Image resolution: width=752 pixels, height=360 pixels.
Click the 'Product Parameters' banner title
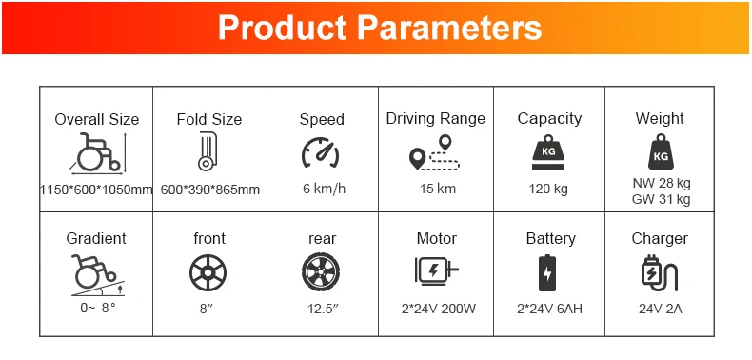tap(380, 28)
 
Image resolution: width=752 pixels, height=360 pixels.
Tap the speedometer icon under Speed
tap(321, 152)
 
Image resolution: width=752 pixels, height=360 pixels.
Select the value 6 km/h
tap(325, 189)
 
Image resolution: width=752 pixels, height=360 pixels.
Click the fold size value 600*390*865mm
tap(210, 190)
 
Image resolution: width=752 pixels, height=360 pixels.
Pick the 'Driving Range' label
tap(435, 118)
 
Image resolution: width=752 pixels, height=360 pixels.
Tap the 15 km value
tap(438, 189)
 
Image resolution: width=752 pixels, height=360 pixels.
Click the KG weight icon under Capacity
tap(548, 153)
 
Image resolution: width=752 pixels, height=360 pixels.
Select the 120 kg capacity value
tap(548, 189)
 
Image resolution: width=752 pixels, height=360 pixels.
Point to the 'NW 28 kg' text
tap(662, 184)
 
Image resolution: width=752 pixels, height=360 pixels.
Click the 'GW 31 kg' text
tap(662, 199)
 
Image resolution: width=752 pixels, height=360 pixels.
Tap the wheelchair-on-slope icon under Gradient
tap(98, 275)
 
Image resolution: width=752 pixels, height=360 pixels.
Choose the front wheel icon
tap(208, 272)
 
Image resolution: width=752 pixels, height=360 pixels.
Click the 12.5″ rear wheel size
tap(324, 309)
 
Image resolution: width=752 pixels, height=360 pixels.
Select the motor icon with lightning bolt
tap(436, 271)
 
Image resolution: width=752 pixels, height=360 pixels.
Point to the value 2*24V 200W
tap(438, 309)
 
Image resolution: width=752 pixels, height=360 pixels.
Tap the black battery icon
tap(547, 272)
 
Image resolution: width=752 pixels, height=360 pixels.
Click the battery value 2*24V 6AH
tap(549, 309)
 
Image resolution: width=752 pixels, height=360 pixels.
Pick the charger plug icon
tap(660, 272)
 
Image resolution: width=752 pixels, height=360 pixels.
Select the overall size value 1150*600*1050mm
tap(96, 190)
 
